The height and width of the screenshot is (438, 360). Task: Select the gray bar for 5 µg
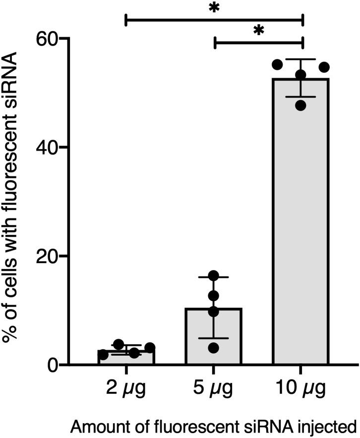coord(213,337)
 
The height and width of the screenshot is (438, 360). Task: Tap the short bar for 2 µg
coord(126,357)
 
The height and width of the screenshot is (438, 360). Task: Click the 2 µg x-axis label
coord(126,388)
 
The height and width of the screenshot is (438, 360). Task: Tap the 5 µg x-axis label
coord(213,388)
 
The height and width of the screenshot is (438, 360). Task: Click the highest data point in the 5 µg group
coord(213,275)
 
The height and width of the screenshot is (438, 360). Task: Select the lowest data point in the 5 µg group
coord(213,348)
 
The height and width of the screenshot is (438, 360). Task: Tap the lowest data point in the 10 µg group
coord(300,106)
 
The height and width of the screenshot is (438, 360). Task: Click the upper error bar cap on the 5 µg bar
coord(213,277)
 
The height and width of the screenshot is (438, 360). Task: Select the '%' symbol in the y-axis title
coord(14,336)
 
